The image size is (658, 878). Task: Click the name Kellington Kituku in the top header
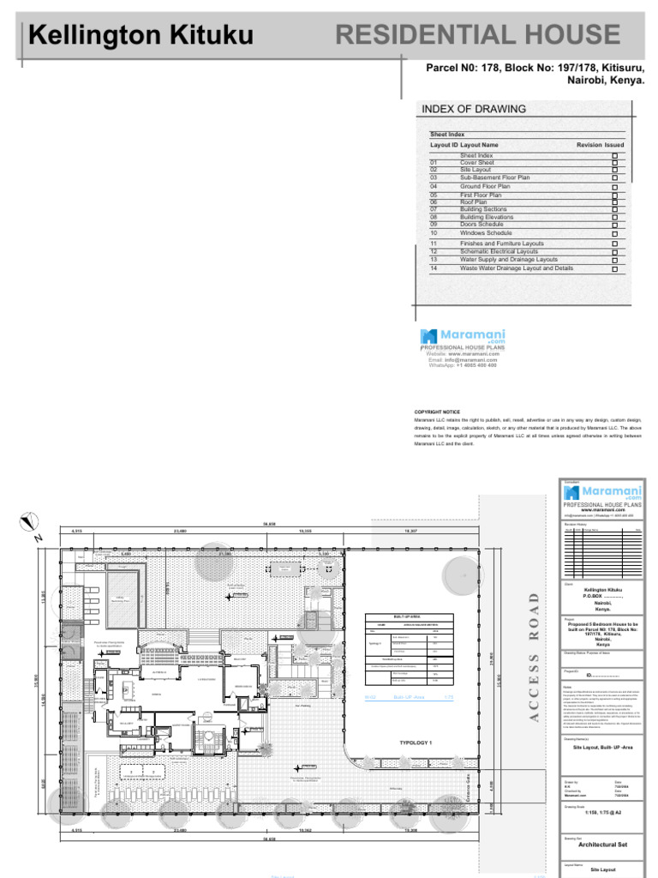[141, 35]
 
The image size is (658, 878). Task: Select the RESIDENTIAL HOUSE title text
[477, 34]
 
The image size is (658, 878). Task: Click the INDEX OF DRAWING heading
[473, 109]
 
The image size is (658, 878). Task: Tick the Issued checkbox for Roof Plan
[614, 202]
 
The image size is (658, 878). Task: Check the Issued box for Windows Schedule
[614, 233]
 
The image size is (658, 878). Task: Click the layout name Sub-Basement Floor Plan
[494, 177]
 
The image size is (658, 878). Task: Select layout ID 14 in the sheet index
[434, 268]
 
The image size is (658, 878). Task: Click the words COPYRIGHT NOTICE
[437, 412]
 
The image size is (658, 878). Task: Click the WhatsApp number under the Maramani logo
[462, 366]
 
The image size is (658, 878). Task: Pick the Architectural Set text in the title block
[602, 845]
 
